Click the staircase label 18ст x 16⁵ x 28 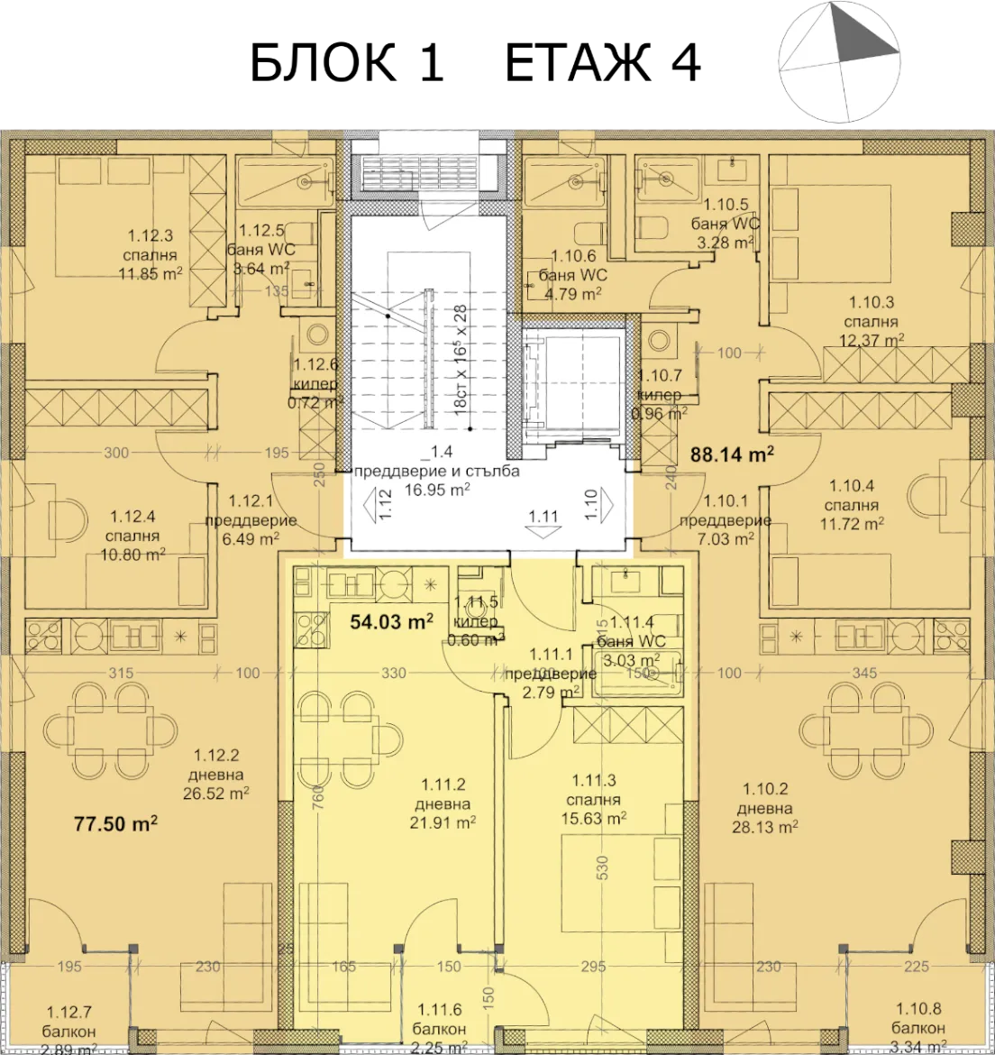click(460, 358)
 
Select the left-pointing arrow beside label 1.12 click(370, 501)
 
